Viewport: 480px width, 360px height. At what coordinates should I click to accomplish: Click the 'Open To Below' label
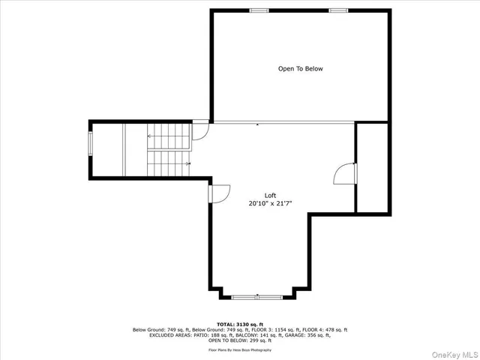[x=300, y=69]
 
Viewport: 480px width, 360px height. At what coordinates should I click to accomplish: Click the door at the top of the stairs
[x=200, y=132]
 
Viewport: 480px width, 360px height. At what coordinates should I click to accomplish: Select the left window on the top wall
[x=259, y=10]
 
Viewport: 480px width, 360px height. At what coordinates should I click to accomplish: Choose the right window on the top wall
[x=338, y=10]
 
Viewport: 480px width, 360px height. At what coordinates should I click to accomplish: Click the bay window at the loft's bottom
[x=257, y=297]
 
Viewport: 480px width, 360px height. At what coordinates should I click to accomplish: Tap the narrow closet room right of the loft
[x=372, y=167]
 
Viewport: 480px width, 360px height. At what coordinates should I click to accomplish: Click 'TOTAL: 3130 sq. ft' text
[x=240, y=324]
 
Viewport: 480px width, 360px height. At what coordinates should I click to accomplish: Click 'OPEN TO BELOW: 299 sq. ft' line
[x=240, y=340]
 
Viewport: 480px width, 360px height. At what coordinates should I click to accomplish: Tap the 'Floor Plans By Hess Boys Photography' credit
[x=240, y=349]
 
